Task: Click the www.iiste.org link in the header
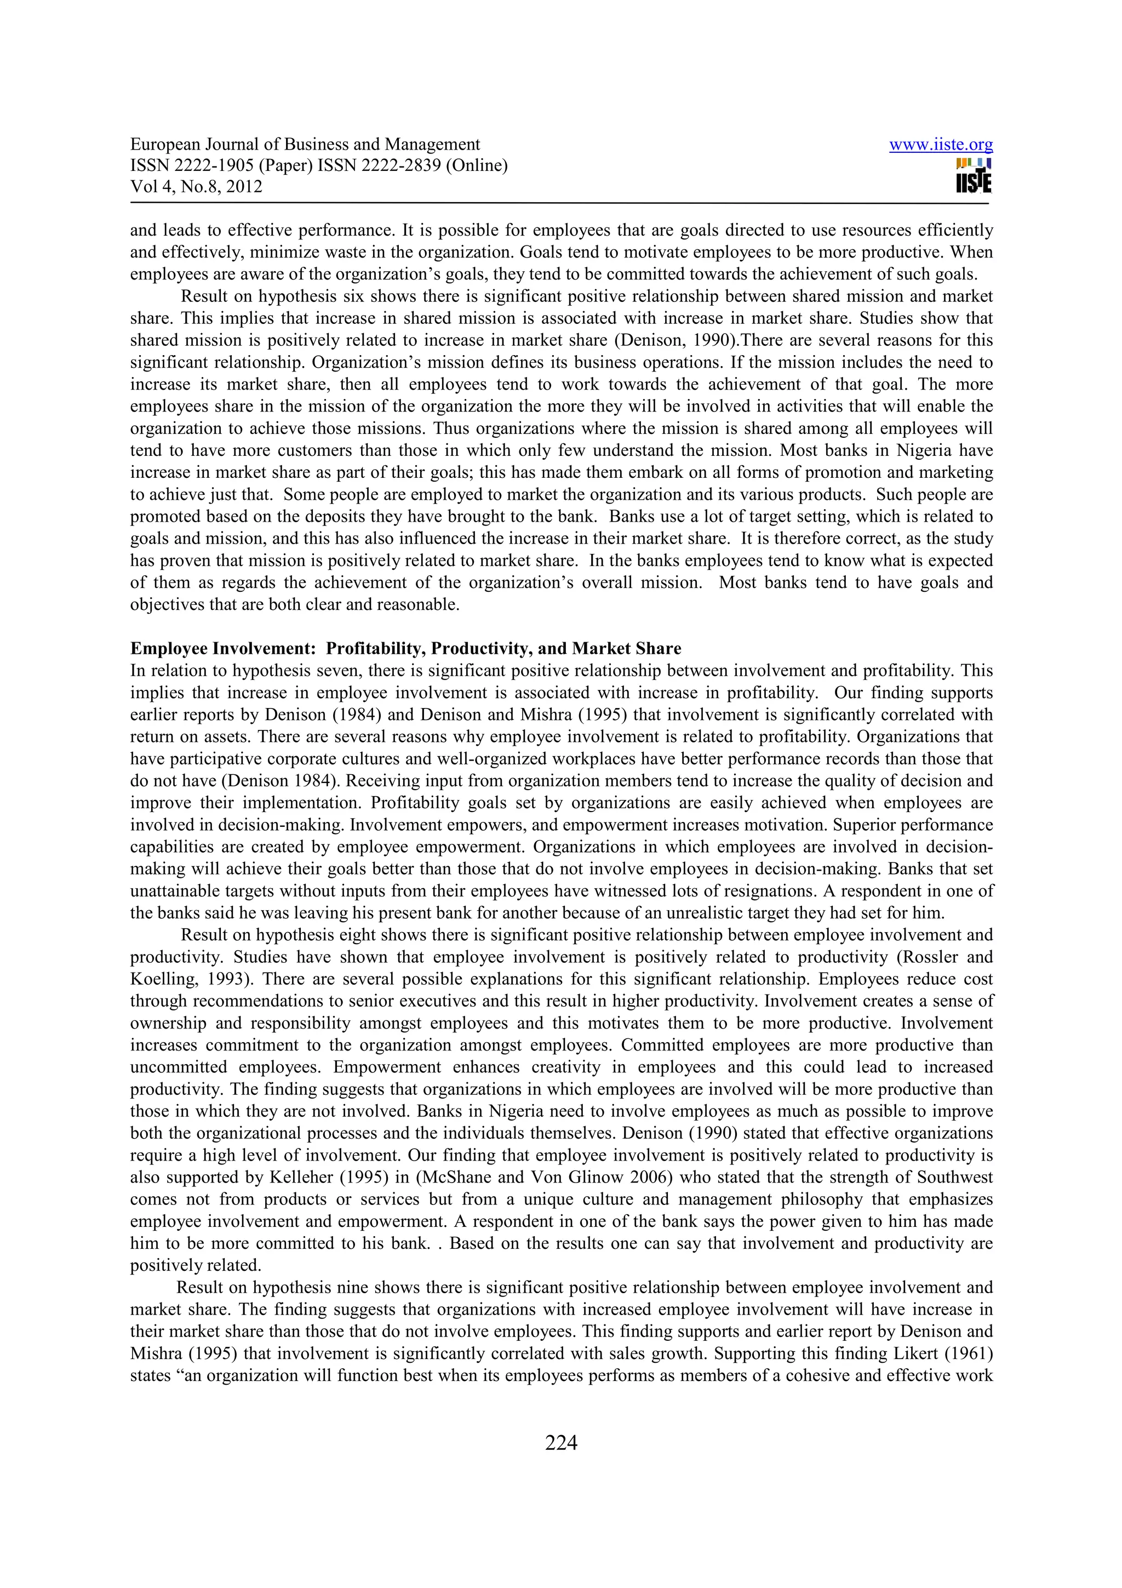click(x=940, y=145)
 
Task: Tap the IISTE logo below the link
click(x=974, y=176)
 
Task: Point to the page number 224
click(x=560, y=1443)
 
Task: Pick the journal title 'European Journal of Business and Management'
click(x=305, y=145)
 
